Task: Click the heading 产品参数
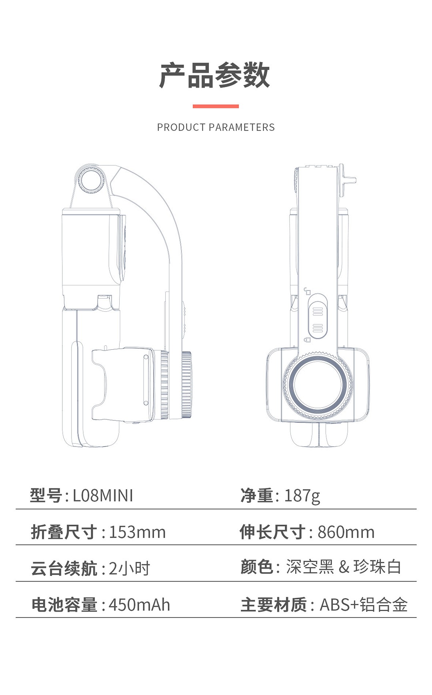coord(215,75)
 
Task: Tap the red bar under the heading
coord(216,106)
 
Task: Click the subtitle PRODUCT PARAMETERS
coord(216,127)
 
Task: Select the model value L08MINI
coord(103,496)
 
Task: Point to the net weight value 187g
coord(302,496)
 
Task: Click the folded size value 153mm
coord(137,532)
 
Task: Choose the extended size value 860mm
coord(346,532)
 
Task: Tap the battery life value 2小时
coord(129,568)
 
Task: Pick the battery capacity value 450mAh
coord(139,605)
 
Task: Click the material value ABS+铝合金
coord(364,605)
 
